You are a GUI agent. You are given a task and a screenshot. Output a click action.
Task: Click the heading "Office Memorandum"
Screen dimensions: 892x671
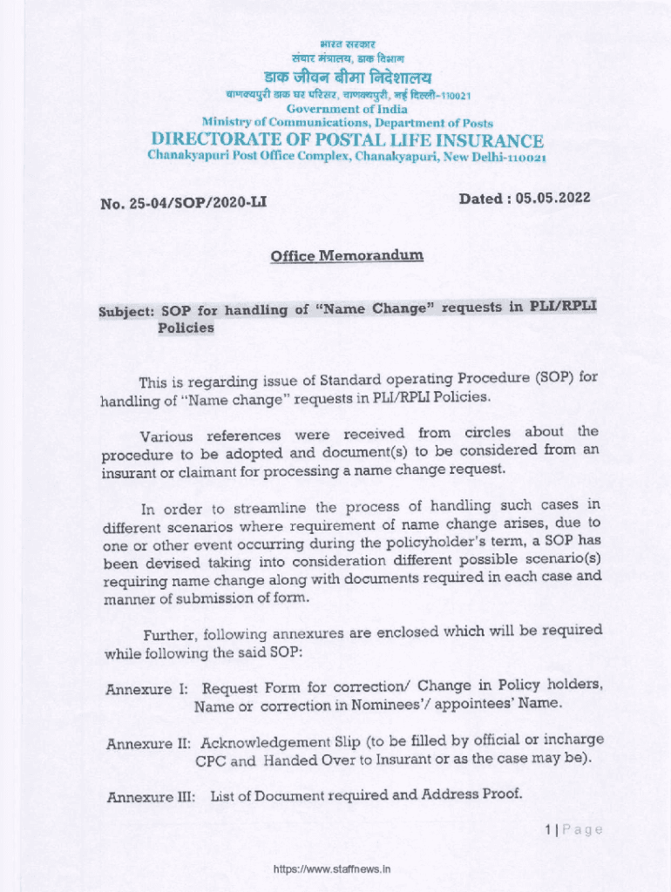coord(347,256)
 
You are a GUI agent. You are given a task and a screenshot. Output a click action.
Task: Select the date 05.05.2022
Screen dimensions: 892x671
coord(552,198)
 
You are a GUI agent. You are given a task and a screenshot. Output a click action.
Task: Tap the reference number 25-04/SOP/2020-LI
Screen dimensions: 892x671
coord(195,204)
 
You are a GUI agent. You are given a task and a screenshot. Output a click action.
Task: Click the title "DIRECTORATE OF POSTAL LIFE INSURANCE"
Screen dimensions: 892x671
coord(347,140)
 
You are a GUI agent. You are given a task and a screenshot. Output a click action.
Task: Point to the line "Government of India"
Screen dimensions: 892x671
coord(347,109)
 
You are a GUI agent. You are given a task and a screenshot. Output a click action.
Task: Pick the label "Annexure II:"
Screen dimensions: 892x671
coord(148,744)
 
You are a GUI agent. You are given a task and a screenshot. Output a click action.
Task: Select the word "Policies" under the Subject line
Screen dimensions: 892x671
coord(186,328)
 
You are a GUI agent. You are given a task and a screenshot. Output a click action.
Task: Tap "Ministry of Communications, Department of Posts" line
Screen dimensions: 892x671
coord(347,123)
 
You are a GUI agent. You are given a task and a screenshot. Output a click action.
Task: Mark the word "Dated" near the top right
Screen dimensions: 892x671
coord(482,199)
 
